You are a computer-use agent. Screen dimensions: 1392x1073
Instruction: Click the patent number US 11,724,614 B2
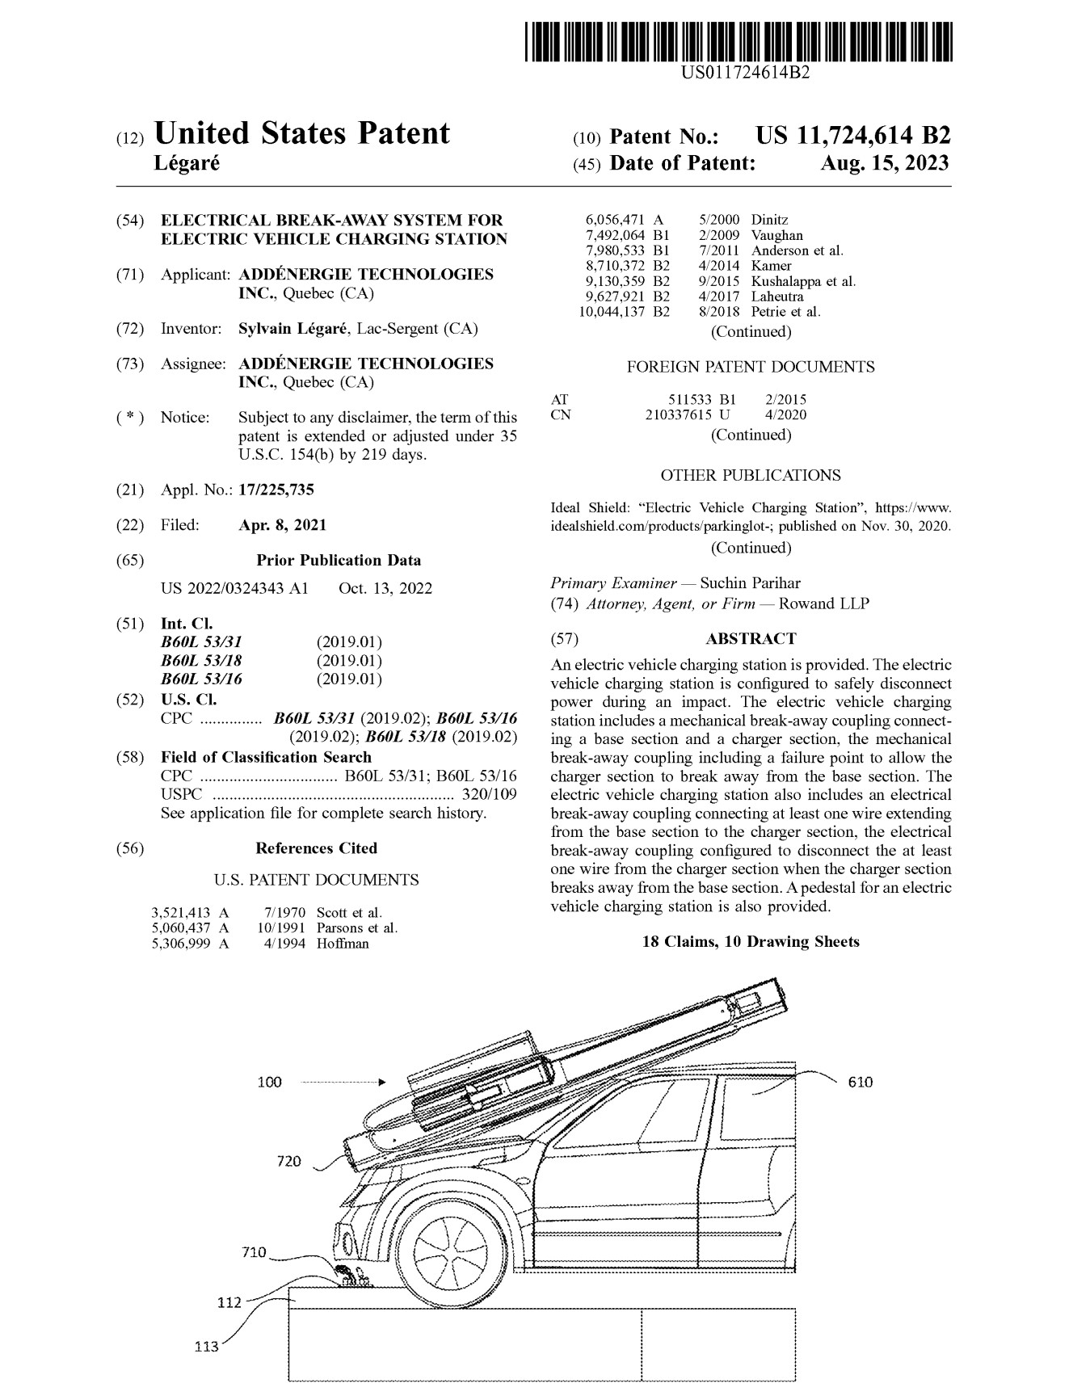point(852,137)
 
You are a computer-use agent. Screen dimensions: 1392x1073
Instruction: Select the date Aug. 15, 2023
point(885,164)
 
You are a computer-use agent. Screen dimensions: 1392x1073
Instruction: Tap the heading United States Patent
point(301,134)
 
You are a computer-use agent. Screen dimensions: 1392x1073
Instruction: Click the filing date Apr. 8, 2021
point(283,525)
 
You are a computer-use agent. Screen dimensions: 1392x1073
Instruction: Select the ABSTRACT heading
point(751,639)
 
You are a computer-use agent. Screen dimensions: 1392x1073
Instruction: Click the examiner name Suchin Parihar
point(751,583)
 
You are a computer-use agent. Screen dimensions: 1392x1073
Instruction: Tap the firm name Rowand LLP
point(824,603)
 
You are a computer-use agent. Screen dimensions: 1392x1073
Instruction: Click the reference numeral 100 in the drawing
point(270,1083)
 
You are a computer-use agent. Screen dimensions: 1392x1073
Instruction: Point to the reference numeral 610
point(861,1083)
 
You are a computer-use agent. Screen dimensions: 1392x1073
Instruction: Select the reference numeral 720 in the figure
point(288,1162)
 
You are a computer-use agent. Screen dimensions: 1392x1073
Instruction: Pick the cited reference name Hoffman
point(343,944)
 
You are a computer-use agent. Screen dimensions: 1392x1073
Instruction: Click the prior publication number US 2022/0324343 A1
point(234,588)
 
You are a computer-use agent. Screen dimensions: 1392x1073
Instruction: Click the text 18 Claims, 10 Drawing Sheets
point(751,942)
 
